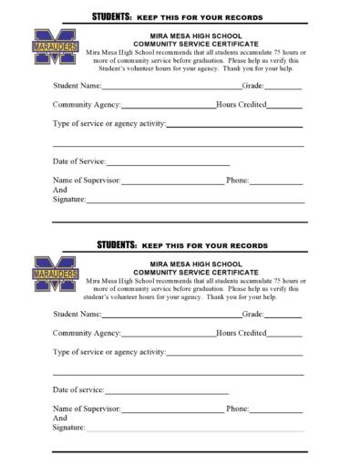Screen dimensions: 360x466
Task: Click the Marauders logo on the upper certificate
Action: click(56, 47)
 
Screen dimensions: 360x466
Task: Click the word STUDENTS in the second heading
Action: click(117, 245)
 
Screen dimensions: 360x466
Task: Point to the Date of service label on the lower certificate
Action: click(78, 390)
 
